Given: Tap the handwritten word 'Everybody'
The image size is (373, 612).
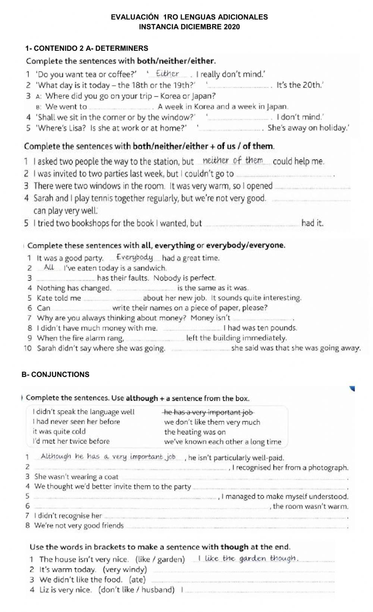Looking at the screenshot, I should [135, 257].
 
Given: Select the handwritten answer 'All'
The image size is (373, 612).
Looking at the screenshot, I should [49, 267].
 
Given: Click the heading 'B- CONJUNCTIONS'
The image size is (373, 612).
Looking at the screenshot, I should [56, 374].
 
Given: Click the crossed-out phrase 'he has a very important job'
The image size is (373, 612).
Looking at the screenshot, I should [209, 412].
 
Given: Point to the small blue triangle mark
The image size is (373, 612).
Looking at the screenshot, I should [352, 389].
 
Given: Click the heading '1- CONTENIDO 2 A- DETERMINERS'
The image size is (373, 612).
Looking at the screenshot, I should [87, 48].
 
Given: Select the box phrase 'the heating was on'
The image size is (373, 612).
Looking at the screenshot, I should [195, 432].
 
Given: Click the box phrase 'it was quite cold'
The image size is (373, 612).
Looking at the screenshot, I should [59, 431].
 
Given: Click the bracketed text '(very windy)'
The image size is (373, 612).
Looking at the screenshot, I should [125, 570].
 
